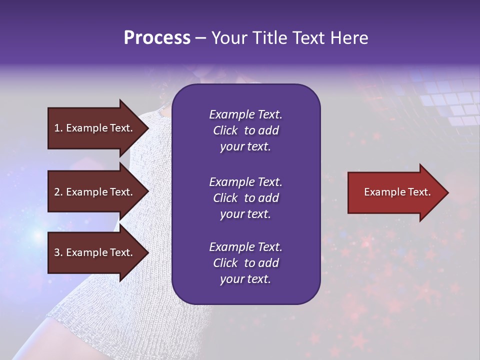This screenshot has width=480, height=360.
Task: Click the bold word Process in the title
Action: pos(157,38)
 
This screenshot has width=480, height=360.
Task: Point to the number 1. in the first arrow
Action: pos(58,128)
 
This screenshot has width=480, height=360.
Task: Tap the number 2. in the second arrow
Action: pos(58,192)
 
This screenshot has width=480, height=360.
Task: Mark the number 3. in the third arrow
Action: pos(58,252)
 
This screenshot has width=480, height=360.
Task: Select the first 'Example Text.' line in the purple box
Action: pos(245,114)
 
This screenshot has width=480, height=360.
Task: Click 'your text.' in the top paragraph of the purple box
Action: pos(245,146)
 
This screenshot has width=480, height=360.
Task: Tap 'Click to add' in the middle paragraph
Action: pos(245,198)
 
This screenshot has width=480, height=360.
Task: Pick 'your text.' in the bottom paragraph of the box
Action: pos(245,279)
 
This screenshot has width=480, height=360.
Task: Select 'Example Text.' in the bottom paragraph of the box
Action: pos(245,247)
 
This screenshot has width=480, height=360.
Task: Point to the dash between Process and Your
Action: pos(200,38)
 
